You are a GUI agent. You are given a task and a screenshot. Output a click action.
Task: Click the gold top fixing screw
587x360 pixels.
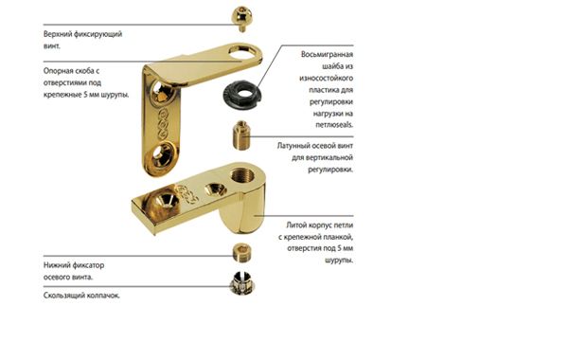(241, 18)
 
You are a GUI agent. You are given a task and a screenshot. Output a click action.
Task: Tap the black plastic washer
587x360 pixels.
(240, 95)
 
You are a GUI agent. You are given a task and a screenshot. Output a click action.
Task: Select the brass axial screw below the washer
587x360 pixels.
(241, 135)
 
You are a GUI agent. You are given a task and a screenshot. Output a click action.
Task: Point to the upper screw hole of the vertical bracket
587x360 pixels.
(163, 92)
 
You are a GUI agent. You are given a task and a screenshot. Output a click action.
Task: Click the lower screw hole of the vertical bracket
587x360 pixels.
(163, 153)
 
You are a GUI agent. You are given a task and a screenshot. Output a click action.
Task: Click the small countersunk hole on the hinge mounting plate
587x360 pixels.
(215, 189)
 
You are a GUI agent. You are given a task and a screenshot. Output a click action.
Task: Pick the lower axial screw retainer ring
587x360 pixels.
(241, 253)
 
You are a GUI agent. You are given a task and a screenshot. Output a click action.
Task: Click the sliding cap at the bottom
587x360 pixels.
(242, 283)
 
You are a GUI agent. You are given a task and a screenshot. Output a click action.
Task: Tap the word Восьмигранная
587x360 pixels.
(327, 54)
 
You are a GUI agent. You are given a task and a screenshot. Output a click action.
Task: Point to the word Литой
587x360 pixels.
(295, 225)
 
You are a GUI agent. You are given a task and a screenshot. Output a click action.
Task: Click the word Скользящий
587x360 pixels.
(64, 296)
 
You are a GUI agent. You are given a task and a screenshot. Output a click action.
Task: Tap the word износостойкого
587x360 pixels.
(326, 78)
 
